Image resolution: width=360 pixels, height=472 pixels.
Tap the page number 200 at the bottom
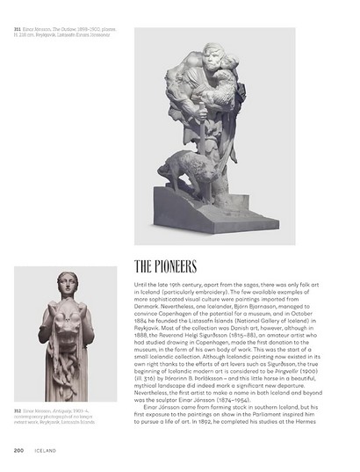click(x=18, y=451)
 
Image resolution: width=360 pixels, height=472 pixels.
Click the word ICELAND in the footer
click(x=44, y=451)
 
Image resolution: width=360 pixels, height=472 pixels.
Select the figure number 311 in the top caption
click(x=17, y=29)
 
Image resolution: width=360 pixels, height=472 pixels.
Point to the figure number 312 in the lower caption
click(x=17, y=410)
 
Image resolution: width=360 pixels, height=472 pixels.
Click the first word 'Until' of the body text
click(x=141, y=286)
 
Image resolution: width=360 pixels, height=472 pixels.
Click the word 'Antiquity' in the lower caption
click(x=72, y=410)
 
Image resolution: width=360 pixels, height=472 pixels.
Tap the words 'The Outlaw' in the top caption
click(x=65, y=29)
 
